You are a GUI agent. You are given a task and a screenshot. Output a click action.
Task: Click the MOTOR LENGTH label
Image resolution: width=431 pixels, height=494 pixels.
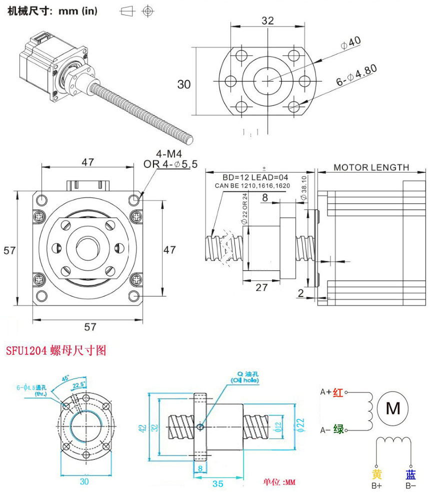pyautogui.click(x=371, y=167)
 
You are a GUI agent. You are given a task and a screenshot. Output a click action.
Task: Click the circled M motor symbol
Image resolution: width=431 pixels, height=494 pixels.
pyautogui.click(x=393, y=408)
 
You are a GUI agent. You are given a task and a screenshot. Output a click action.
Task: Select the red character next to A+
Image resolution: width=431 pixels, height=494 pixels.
pyautogui.click(x=338, y=393)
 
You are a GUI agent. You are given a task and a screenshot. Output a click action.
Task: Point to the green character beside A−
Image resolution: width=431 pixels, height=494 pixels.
pyautogui.click(x=338, y=429)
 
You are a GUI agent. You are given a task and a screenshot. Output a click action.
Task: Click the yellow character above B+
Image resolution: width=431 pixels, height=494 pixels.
pyautogui.click(x=377, y=474)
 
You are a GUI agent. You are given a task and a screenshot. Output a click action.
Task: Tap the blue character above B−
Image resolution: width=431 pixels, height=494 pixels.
pyautogui.click(x=410, y=474)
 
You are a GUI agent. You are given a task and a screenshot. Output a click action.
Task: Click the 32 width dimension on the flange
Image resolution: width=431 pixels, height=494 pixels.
pyautogui.click(x=267, y=20)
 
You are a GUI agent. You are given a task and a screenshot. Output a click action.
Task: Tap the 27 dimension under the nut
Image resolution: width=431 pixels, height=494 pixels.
pyautogui.click(x=261, y=287)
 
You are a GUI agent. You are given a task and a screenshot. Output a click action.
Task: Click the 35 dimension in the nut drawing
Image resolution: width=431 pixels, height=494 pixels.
pyautogui.click(x=217, y=484)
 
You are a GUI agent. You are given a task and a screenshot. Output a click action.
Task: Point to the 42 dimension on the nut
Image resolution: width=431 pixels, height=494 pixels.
pyautogui.click(x=142, y=428)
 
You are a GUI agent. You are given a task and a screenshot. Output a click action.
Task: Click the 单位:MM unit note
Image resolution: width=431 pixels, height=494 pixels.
pyautogui.click(x=280, y=482)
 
